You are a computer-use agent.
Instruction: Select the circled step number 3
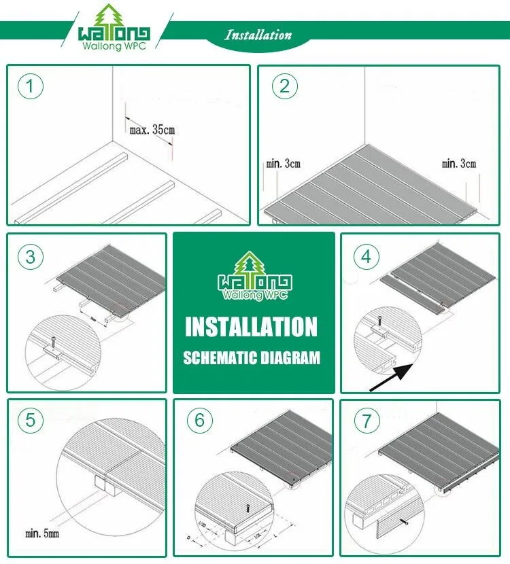pos(31,256)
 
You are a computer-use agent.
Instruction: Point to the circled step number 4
pos(367,256)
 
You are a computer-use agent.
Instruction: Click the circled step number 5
pos(31,420)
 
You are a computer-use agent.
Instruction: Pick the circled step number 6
pos(199,420)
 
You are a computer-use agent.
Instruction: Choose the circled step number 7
pos(367,420)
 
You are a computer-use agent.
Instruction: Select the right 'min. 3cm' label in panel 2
pos(459,163)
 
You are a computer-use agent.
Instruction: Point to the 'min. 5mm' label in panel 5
pos(43,533)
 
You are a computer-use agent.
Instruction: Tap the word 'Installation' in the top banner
pos(258,35)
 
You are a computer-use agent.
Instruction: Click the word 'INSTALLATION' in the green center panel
pos(252,328)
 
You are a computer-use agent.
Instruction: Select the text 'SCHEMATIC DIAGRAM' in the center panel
pos(252,358)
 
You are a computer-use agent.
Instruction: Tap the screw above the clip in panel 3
pos(52,337)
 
